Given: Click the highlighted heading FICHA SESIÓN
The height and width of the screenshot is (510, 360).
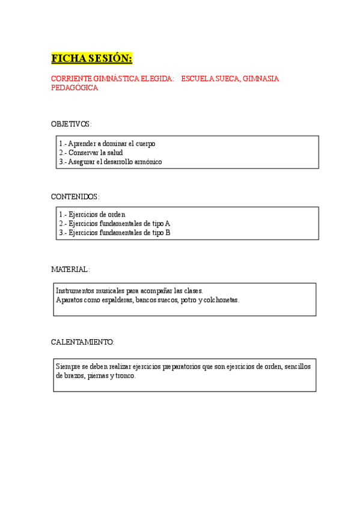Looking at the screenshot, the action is (x=91, y=58).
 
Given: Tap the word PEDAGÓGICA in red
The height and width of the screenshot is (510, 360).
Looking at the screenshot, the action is (x=75, y=88).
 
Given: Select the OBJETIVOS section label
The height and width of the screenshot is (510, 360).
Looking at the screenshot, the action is (x=71, y=124).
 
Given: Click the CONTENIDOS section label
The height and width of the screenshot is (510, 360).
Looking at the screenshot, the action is (x=75, y=197).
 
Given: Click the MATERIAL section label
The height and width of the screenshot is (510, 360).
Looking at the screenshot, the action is (x=70, y=269).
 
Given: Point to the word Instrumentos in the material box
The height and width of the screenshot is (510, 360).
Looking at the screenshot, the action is (x=75, y=290).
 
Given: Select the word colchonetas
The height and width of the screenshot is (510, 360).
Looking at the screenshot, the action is (x=221, y=300).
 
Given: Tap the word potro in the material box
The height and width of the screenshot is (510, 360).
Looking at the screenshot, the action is (x=189, y=300).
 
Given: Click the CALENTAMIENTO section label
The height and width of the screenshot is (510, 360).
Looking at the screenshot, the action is (x=82, y=342).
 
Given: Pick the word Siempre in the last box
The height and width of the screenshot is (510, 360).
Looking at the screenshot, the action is (x=67, y=366).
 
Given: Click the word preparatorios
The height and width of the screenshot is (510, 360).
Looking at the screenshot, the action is (x=178, y=366).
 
